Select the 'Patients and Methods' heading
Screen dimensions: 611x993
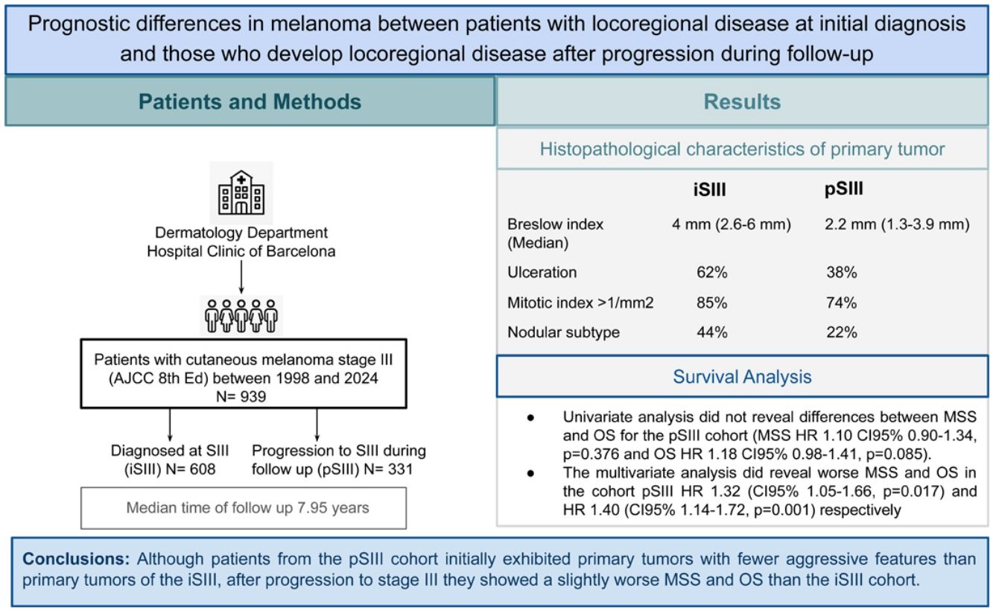[250, 101]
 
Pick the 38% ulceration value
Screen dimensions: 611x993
[842, 273]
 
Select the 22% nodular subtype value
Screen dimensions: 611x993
[842, 333]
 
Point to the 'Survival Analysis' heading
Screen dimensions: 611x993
[743, 377]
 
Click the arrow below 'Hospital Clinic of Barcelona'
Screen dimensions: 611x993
[241, 277]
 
